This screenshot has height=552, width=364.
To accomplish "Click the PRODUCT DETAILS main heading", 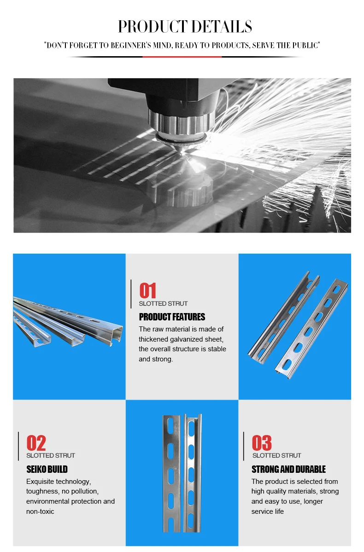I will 185,27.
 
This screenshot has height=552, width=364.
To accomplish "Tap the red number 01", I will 148,291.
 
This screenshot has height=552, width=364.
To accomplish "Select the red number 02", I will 36,443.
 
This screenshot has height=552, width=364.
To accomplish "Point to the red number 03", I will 261,443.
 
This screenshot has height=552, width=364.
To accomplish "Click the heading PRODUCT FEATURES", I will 172,317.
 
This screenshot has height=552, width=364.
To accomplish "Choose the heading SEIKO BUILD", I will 47,469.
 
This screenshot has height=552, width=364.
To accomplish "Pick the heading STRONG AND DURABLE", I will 288,469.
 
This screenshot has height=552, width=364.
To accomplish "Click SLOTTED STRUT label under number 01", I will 163,303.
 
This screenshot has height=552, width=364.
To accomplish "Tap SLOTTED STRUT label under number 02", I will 51,455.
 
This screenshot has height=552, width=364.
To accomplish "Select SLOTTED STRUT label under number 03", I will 276,455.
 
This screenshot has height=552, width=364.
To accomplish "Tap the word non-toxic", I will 40,511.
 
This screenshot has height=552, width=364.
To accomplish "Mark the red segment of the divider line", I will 182,57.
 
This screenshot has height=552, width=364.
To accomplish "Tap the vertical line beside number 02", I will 18,446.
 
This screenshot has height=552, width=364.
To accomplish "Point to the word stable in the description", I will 217,349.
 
